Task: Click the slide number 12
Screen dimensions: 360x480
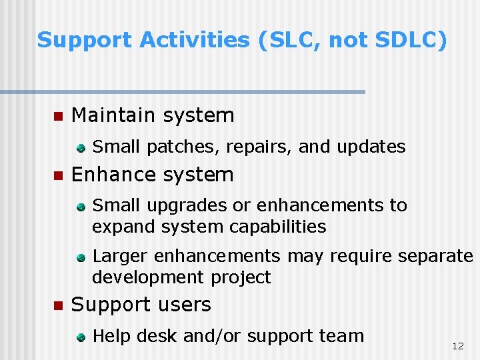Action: click(457, 346)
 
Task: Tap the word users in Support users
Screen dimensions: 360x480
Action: click(181, 305)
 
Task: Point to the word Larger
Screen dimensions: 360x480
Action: click(121, 257)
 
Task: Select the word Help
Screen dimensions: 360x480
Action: click(111, 336)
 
